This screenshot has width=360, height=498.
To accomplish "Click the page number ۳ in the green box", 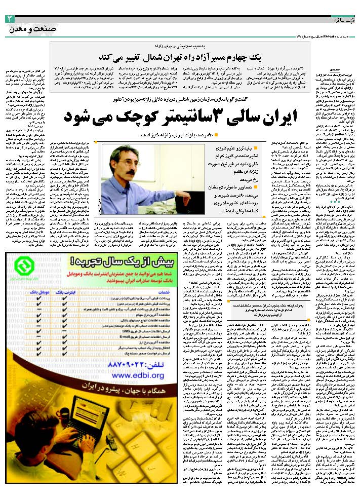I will tap(11, 19).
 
